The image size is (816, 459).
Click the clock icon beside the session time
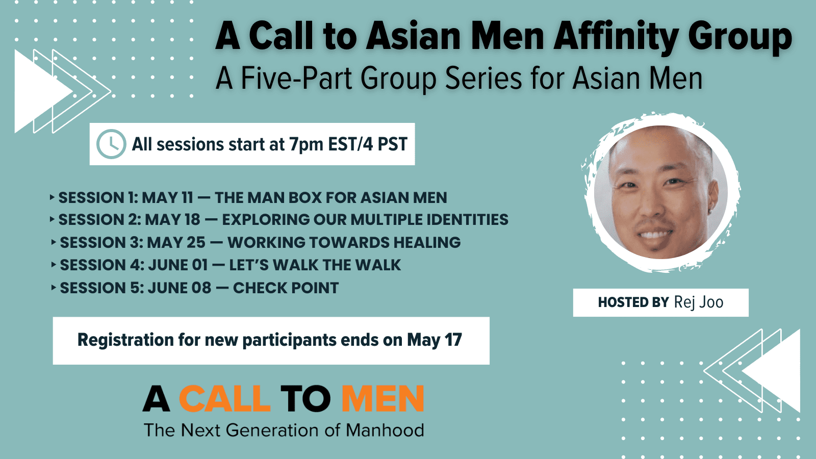coord(111,144)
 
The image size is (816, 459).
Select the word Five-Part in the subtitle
coord(296,79)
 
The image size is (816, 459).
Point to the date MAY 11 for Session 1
coord(167,198)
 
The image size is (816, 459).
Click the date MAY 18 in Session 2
coord(172,220)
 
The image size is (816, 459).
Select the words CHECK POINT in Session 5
coord(286,288)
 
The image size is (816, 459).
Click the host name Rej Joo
coord(698,302)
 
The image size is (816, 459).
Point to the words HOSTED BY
coord(633,302)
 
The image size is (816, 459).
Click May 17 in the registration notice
coord(434,340)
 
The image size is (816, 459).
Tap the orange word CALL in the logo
coord(225,398)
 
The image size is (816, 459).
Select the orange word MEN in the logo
coord(382,398)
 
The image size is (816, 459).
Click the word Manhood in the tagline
coord(385,430)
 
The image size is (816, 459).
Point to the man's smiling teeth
coord(655,234)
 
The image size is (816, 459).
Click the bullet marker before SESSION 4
coord(54,265)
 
